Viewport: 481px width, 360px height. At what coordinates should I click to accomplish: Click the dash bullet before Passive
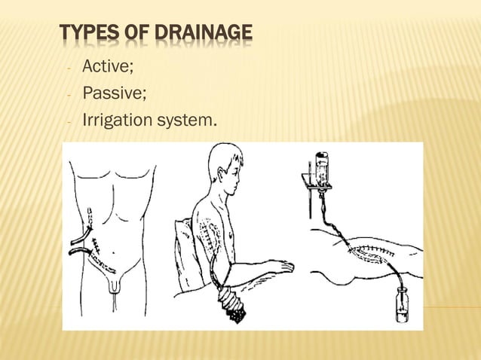point(69,96)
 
